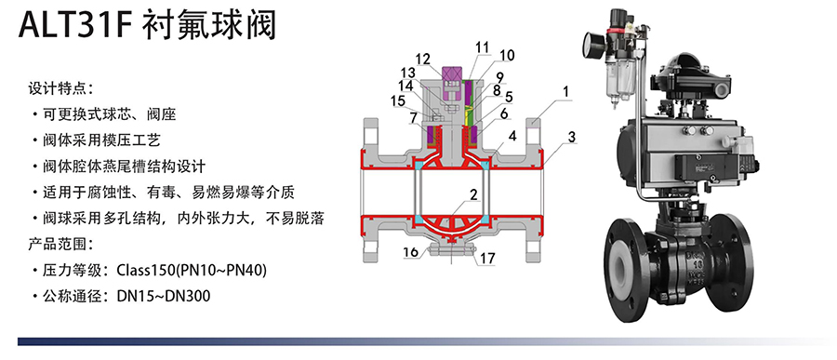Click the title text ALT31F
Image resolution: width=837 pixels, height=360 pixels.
pyautogui.click(x=75, y=25)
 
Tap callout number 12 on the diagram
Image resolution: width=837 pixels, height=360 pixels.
pyautogui.click(x=423, y=59)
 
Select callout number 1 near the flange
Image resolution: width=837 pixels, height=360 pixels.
pyautogui.click(x=565, y=91)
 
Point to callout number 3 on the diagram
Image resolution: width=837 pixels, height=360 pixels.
pyautogui.click(x=572, y=138)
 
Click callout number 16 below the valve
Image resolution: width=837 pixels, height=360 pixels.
pyautogui.click(x=410, y=252)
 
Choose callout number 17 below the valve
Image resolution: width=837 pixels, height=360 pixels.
pyautogui.click(x=486, y=259)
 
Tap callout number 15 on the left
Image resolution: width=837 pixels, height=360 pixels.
pyautogui.click(x=398, y=100)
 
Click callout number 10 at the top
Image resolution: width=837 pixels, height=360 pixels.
pyautogui.click(x=507, y=55)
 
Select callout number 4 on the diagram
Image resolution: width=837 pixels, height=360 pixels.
pyautogui.click(x=512, y=136)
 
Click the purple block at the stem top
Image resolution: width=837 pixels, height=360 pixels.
pyautogui.click(x=453, y=74)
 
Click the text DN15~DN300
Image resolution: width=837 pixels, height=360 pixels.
pyautogui.click(x=164, y=296)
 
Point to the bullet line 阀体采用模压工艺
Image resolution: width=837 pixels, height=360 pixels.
pyautogui.click(x=101, y=140)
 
